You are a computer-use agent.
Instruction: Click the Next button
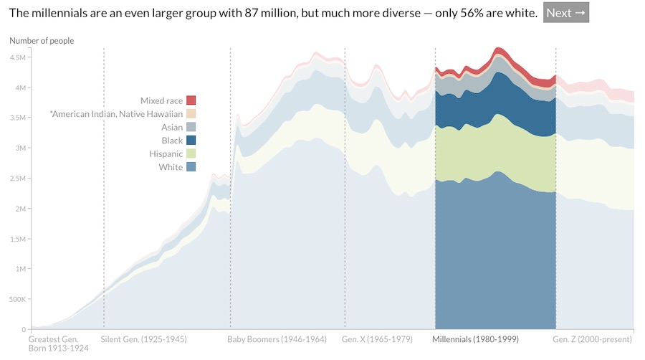pyautogui.click(x=565, y=13)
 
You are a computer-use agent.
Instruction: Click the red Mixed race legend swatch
pyautogui.click(x=191, y=100)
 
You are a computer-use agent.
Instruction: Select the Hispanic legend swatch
pyautogui.click(x=191, y=153)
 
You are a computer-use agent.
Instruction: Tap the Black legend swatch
pyautogui.click(x=191, y=141)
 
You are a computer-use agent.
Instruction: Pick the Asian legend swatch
pyautogui.click(x=191, y=127)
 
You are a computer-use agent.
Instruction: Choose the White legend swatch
pyautogui.click(x=191, y=167)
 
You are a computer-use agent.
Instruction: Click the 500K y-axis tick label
pyautogui.click(x=16, y=299)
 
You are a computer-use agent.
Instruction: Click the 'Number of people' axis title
pyautogui.click(x=42, y=41)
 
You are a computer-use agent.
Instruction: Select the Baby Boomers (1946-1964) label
pyautogui.click(x=277, y=339)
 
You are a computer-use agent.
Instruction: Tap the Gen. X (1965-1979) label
pyautogui.click(x=378, y=339)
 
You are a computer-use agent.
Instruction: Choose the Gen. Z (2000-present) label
pyautogui.click(x=593, y=339)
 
